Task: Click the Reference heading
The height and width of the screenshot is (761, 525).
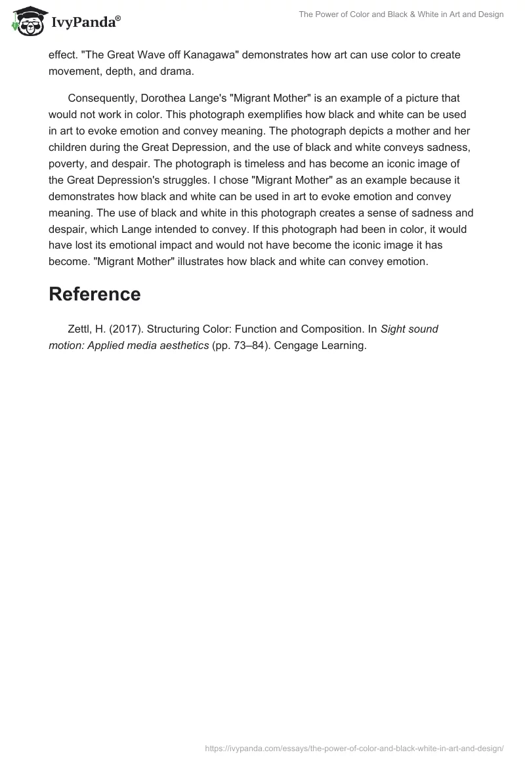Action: point(94,295)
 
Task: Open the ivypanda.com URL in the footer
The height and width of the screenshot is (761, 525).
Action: point(354,748)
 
